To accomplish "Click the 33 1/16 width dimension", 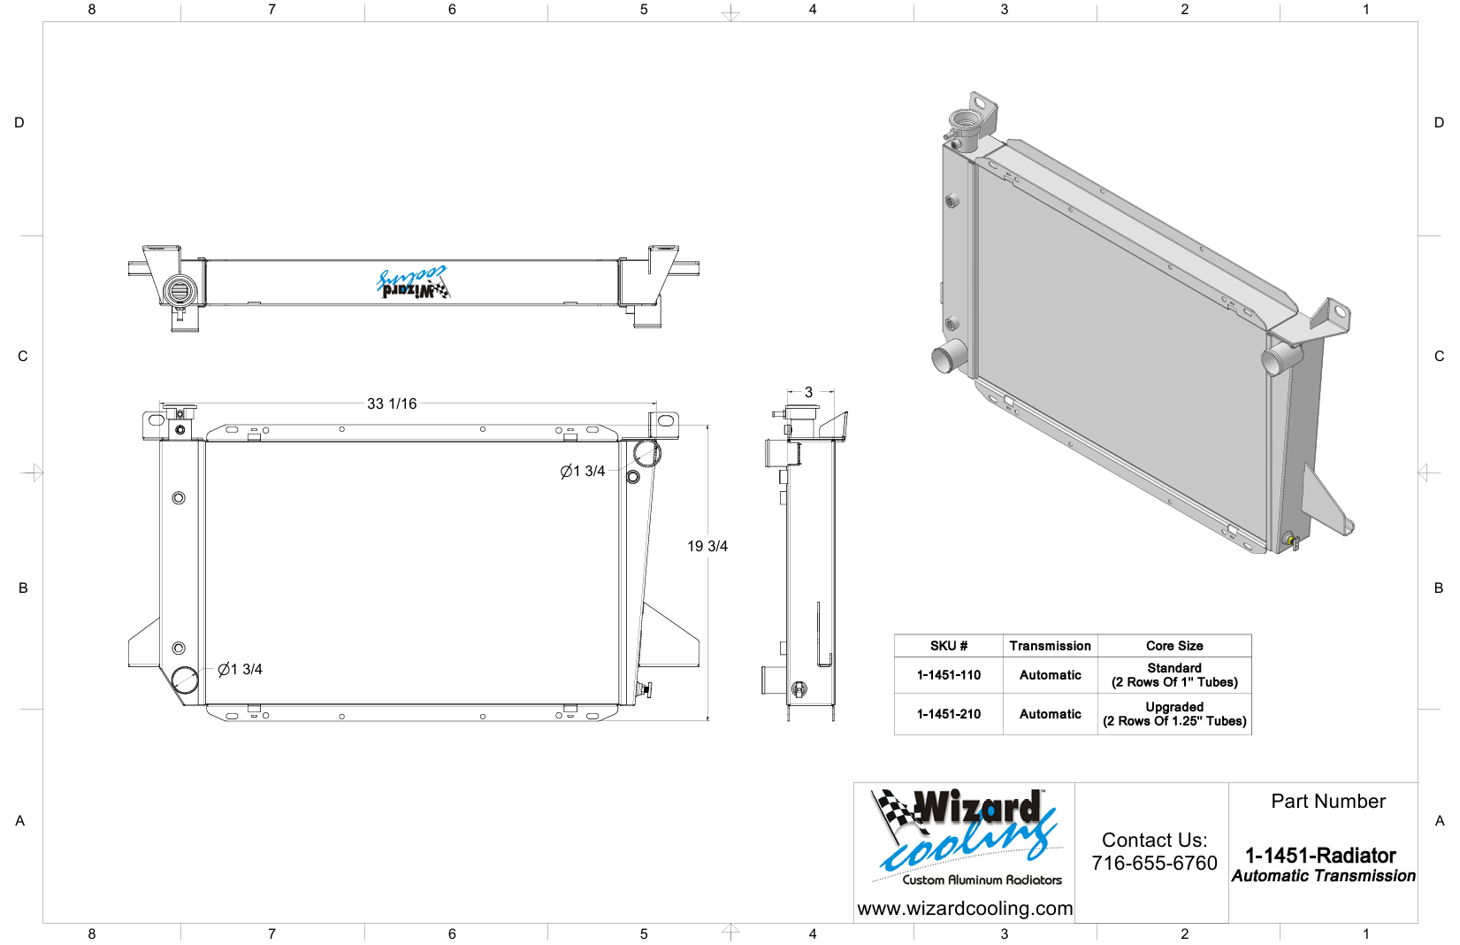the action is [392, 403].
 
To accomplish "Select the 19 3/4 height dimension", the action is [707, 546].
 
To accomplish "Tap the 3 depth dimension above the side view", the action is [809, 392].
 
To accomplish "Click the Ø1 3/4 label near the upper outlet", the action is [583, 471].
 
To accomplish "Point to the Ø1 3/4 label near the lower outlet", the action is [240, 669].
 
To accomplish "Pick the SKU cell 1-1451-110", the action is [948, 675].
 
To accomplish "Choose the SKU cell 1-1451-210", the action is [948, 714].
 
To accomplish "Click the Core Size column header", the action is [1174, 646].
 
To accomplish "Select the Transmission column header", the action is [1050, 646].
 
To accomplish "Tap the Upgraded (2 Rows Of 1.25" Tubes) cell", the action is [1174, 714].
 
